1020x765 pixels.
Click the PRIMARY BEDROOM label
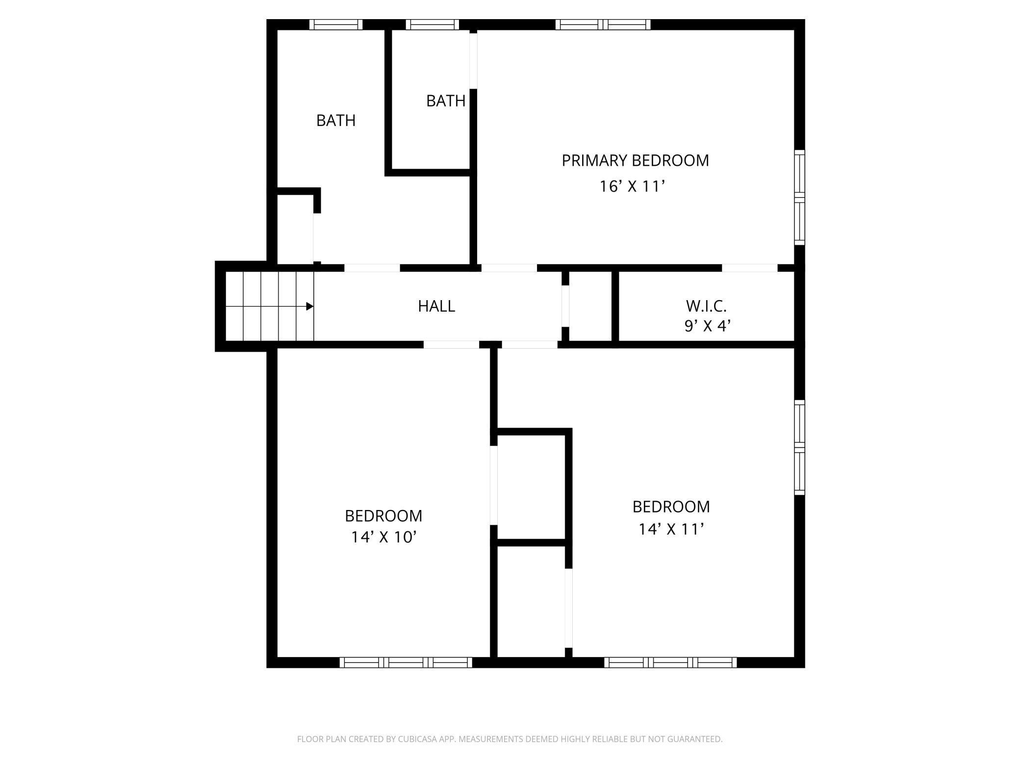635,161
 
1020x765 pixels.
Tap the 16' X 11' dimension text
632,187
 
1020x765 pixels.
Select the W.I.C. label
706,306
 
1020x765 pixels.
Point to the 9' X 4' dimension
707,326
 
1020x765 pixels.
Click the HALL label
436,306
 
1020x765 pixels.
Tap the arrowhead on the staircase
310,306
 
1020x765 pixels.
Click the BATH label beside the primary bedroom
445,101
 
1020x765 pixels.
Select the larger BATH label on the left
335,121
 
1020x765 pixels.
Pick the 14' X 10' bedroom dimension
383,537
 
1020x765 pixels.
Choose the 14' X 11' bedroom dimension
671,529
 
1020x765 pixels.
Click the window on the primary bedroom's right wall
799,197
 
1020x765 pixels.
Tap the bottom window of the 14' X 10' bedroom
406,663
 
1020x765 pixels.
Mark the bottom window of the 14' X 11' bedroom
670,663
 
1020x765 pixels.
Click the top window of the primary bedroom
603,25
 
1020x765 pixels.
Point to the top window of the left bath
336,25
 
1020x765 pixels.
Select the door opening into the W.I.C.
750,268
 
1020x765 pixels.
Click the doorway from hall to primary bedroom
509,268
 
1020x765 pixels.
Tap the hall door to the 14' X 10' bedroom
451,345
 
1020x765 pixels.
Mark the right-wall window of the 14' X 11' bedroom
799,447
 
